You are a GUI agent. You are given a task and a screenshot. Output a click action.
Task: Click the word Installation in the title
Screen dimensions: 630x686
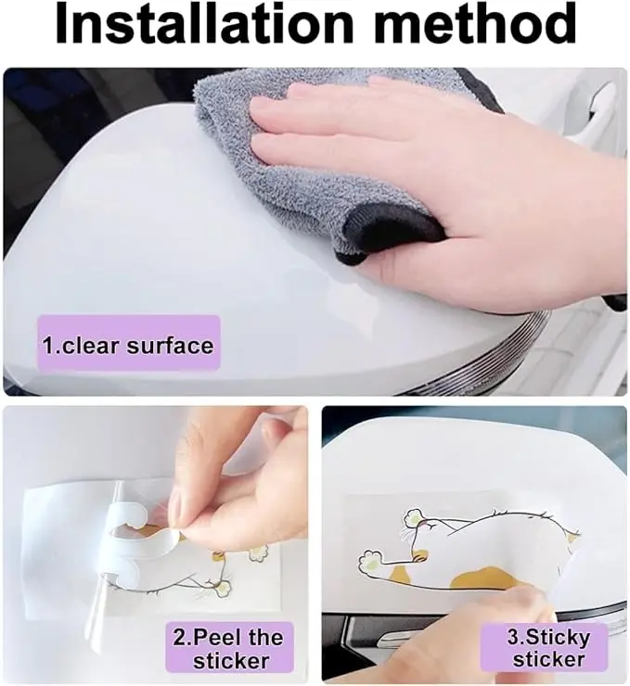click(x=204, y=23)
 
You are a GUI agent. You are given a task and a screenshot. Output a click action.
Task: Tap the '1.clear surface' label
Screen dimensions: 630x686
click(x=128, y=345)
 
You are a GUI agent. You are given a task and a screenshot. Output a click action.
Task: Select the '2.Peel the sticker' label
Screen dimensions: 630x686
click(x=229, y=648)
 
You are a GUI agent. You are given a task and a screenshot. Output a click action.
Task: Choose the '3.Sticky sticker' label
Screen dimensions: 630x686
click(x=548, y=647)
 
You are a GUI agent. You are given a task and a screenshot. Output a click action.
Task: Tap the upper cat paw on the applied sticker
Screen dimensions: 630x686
click(x=414, y=518)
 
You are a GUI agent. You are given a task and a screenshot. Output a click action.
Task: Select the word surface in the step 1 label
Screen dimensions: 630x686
click(x=171, y=345)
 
